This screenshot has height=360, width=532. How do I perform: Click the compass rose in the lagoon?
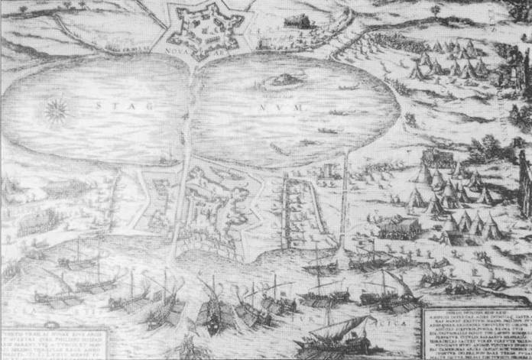[x=56, y=112]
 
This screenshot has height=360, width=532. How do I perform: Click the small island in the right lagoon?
[x=281, y=78]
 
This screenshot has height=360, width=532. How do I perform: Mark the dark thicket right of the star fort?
[x=299, y=21]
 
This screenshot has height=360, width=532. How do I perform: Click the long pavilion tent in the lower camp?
[x=400, y=225]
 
